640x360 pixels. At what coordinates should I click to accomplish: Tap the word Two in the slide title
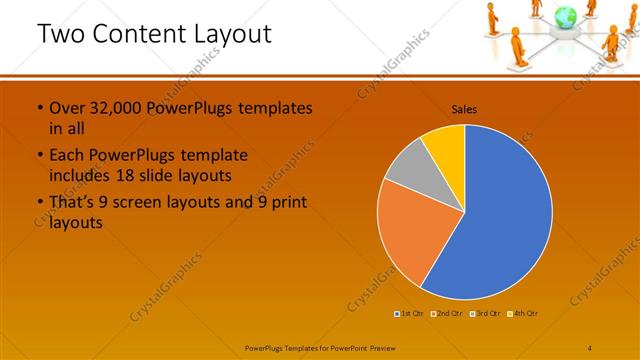59,34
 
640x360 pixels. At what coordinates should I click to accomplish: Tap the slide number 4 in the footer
591,347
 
